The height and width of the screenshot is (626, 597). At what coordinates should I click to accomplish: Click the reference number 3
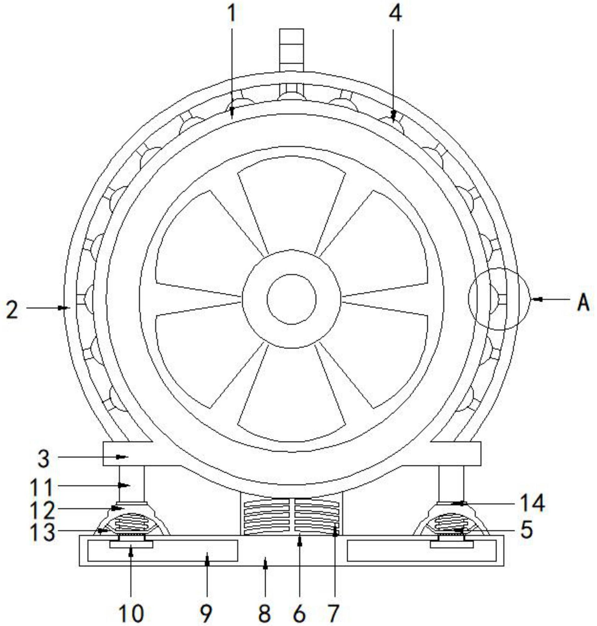44,459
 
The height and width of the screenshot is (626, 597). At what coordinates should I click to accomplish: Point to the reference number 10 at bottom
131,613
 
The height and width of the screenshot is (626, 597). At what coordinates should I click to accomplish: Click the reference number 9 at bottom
206,613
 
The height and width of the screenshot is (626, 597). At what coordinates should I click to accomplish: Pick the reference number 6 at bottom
300,613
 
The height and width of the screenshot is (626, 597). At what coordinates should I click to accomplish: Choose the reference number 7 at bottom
333,613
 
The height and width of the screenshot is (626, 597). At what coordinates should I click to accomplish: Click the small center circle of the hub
292,299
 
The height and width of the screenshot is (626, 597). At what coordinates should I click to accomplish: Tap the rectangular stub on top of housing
292,50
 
